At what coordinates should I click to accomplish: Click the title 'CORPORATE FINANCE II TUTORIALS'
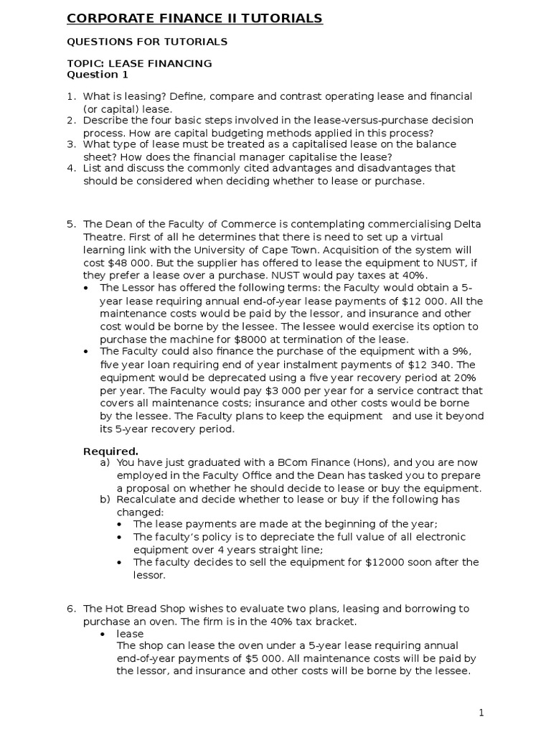pyautogui.click(x=194, y=19)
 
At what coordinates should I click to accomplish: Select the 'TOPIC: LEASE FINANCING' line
pyautogui.click(x=139, y=63)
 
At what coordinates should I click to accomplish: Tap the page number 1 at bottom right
pyautogui.click(x=482, y=713)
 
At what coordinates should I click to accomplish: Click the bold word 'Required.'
pyautogui.click(x=110, y=451)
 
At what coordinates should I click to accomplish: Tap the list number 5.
pyautogui.click(x=71, y=224)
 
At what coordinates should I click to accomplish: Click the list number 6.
pyautogui.click(x=71, y=609)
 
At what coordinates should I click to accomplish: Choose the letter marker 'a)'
pyautogui.click(x=105, y=463)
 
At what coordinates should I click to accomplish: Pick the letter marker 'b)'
pyautogui.click(x=105, y=500)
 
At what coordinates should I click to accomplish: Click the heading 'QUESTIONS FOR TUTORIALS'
pyautogui.click(x=146, y=42)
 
